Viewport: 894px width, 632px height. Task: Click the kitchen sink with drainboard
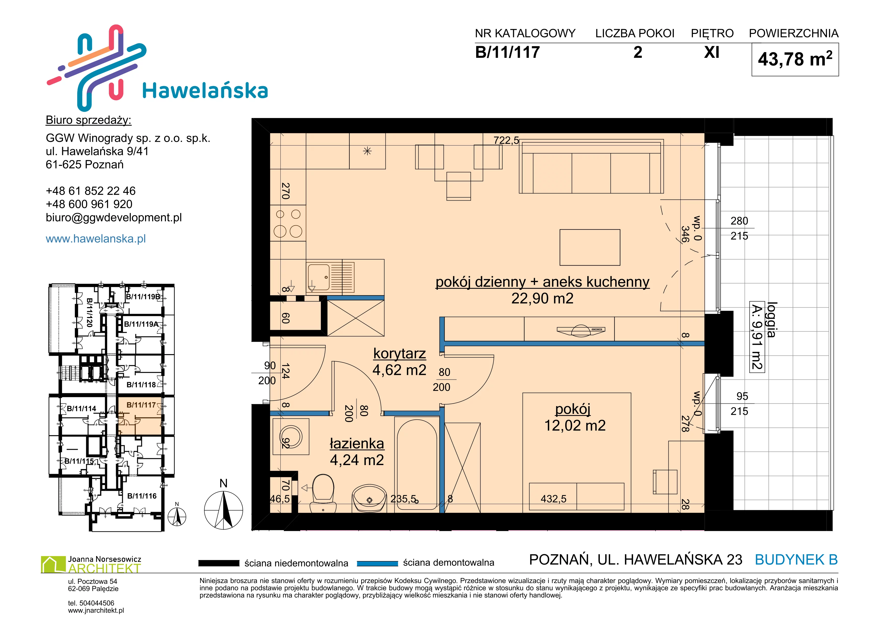click(x=330, y=277)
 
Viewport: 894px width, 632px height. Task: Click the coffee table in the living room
click(x=590, y=247)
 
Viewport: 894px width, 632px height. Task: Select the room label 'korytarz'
click(x=399, y=353)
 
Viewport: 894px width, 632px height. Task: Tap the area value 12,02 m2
click(x=575, y=425)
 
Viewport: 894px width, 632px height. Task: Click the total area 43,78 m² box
click(x=795, y=60)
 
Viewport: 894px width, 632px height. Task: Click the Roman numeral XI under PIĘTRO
click(x=712, y=52)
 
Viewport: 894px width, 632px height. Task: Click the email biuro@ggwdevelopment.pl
click(x=114, y=218)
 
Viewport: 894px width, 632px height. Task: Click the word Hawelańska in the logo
click(x=205, y=91)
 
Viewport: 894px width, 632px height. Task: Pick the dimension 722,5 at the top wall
click(x=506, y=140)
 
